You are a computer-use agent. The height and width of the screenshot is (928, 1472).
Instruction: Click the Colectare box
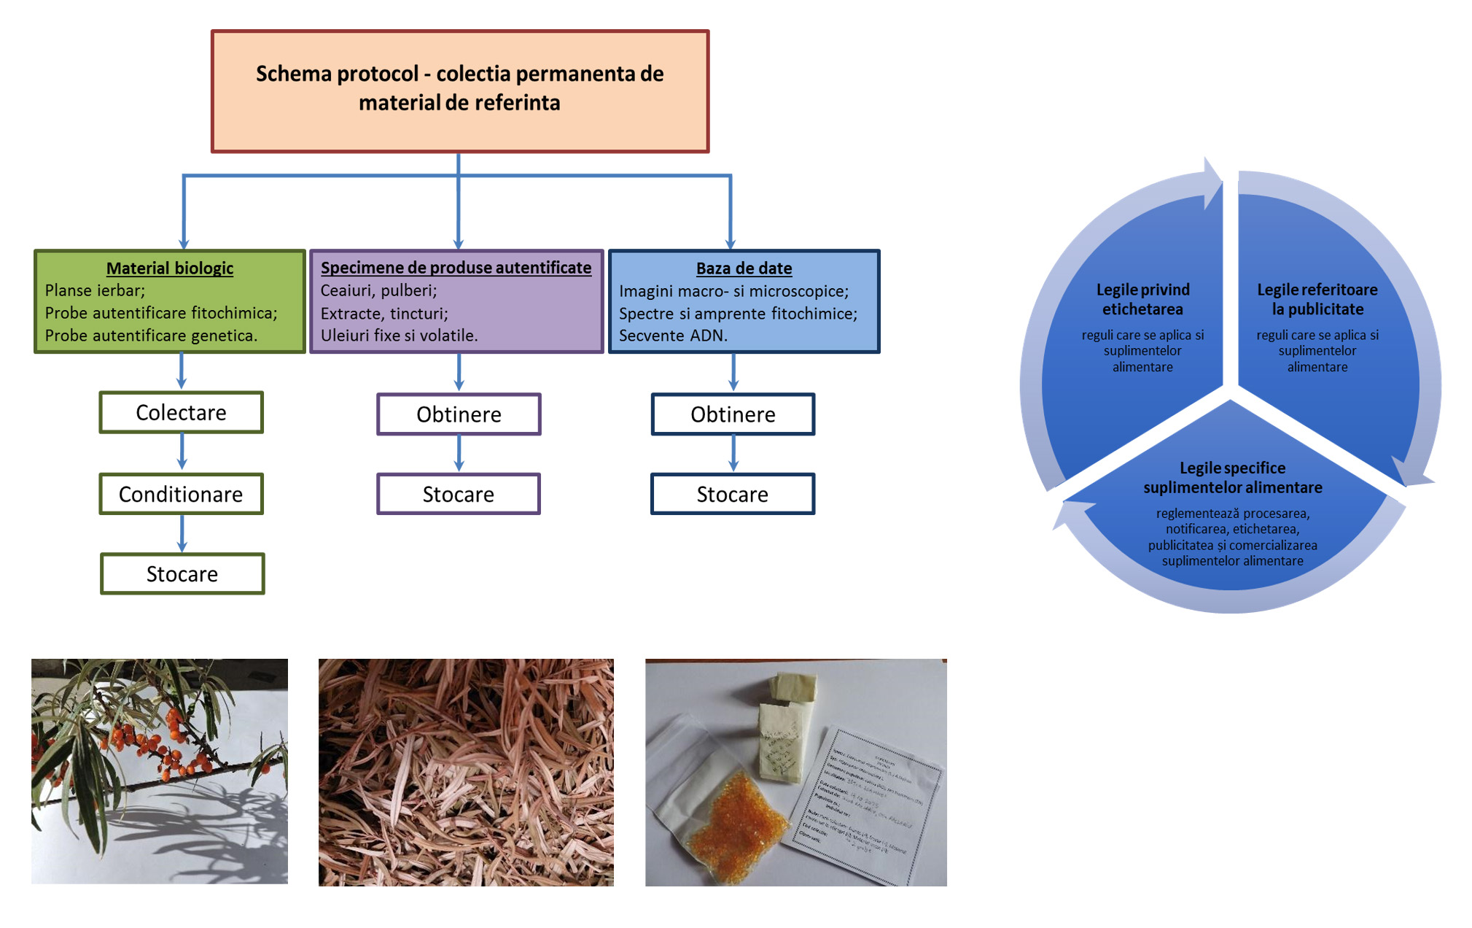click(x=181, y=412)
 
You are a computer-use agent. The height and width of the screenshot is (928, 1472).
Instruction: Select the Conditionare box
click(x=181, y=494)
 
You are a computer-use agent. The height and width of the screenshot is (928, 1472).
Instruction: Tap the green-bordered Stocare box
click(x=182, y=574)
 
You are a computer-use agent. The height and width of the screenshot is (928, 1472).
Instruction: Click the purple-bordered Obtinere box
click(x=459, y=414)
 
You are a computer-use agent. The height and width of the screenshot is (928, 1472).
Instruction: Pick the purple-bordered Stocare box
click(x=459, y=494)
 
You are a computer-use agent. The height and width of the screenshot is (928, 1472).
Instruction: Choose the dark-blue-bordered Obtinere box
click(x=733, y=414)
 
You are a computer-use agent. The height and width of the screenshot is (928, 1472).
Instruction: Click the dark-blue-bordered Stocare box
click(x=733, y=494)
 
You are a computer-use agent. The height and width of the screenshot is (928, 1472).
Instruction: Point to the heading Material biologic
click(x=170, y=268)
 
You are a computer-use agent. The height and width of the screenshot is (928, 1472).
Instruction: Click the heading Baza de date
click(x=744, y=268)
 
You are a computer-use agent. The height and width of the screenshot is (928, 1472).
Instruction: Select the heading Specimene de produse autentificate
click(x=456, y=268)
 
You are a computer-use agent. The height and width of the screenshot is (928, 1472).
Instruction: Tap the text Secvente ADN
click(x=673, y=336)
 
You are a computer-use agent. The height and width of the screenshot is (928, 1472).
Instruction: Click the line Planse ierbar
click(x=95, y=290)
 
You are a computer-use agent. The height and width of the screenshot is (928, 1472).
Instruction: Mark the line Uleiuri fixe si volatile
click(x=399, y=336)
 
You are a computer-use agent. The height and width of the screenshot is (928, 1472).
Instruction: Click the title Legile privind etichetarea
click(x=1142, y=299)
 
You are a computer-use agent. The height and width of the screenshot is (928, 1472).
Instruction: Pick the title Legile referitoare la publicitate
click(x=1317, y=299)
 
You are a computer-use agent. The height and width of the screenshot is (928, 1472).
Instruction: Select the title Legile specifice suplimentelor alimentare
click(x=1232, y=478)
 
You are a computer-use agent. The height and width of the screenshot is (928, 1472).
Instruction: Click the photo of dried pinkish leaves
click(x=466, y=772)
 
